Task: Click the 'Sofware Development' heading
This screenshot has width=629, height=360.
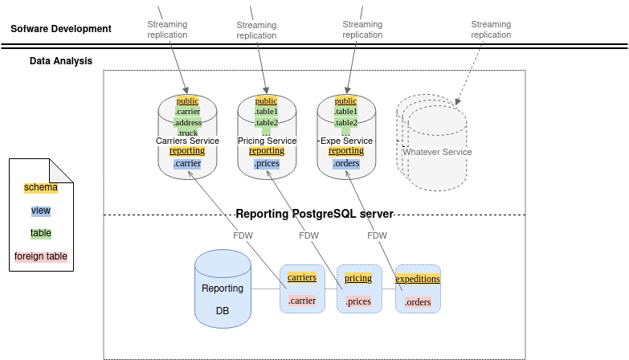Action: coord(61,30)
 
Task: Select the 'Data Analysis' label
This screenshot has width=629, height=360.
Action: coord(61,61)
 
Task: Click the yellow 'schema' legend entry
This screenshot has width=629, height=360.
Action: coord(41,188)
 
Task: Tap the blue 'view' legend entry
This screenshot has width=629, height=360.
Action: coord(41,211)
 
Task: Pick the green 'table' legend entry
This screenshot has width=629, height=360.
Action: coord(41,233)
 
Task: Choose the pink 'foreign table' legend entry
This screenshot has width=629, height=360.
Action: coord(41,257)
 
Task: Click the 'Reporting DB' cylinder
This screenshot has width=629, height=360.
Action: coord(223,289)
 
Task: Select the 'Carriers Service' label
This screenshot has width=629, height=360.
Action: coord(187,141)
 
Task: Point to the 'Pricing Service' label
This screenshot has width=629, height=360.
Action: coord(267,141)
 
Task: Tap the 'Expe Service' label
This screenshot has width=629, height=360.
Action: coord(346,141)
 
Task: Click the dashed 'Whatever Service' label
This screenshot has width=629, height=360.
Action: coord(437,152)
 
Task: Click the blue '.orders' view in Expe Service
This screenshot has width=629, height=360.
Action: coord(346,164)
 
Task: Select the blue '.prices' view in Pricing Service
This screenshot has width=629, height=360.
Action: coord(267,164)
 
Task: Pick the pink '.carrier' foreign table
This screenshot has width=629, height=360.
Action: coord(302,301)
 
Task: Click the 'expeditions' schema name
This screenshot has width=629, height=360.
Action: coord(418,279)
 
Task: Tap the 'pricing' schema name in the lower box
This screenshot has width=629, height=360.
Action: coord(358,278)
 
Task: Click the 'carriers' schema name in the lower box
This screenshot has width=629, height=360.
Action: coord(302,277)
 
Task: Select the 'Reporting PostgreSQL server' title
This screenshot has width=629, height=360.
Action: coord(314,214)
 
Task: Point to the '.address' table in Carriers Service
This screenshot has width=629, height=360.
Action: coord(187,122)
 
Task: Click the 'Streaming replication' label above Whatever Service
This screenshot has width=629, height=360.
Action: coord(491,30)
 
